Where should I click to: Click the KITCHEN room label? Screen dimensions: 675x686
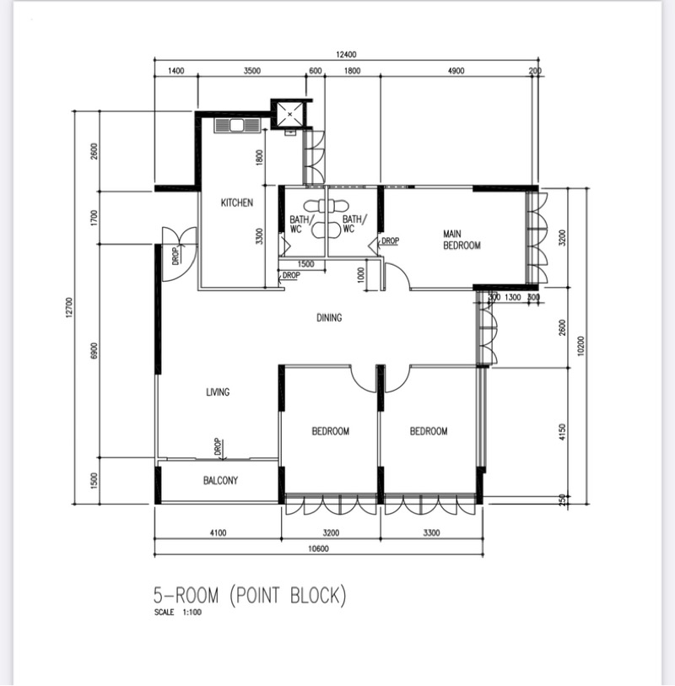[236, 203]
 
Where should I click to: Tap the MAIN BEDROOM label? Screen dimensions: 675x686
[462, 240]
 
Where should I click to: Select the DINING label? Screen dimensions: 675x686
[329, 317]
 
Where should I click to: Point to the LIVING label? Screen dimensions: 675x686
[218, 392]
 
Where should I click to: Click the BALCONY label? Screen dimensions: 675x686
[220, 480]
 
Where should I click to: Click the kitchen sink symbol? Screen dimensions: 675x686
[236, 126]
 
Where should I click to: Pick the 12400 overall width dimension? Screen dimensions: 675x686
[346, 55]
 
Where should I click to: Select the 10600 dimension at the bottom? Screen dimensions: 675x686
[318, 548]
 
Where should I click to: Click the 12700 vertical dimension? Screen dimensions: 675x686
[68, 308]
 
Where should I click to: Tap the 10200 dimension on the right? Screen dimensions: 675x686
[580, 346]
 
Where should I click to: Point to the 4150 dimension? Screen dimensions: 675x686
[563, 432]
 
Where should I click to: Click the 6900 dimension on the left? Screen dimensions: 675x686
[94, 351]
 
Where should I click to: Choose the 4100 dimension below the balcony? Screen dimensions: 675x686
[218, 533]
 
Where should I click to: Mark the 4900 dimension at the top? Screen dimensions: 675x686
[456, 71]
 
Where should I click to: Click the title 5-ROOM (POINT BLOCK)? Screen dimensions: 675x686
[250, 596]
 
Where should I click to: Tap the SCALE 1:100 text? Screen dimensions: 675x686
[177, 613]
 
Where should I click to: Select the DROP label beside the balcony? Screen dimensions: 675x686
[218, 447]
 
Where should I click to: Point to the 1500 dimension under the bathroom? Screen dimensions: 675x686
[305, 264]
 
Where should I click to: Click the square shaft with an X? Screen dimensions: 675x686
[289, 115]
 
